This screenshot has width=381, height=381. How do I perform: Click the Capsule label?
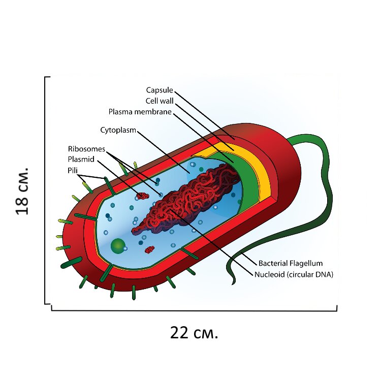(x=160, y=90)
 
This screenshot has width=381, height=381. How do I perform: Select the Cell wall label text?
(x=160, y=101)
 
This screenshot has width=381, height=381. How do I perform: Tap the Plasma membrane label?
(x=140, y=112)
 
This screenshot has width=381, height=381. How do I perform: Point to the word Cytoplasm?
(x=118, y=130)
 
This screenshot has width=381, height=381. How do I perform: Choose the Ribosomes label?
(x=86, y=149)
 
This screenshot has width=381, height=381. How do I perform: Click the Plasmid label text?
(x=81, y=159)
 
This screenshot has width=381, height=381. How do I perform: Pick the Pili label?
(x=73, y=170)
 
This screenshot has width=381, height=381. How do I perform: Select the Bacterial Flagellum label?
(x=291, y=263)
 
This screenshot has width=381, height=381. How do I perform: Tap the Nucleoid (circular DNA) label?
(x=294, y=274)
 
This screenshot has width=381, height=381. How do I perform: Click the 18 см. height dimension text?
(x=22, y=191)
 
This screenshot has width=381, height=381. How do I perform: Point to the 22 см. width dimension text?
(x=194, y=333)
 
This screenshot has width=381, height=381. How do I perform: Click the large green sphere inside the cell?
(x=118, y=246)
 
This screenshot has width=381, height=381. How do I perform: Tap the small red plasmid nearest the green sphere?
(x=150, y=249)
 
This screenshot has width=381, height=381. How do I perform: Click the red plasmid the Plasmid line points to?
(x=143, y=196)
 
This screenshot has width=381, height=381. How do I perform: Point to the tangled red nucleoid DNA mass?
(x=187, y=199)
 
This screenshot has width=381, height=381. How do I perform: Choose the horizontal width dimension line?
(x=194, y=310)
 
